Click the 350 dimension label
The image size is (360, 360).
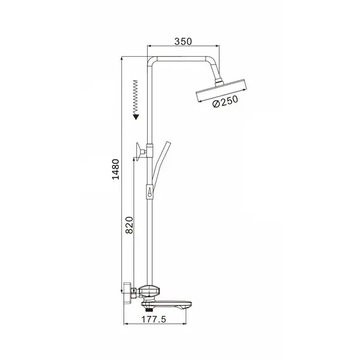[183, 41]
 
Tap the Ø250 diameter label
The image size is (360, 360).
[225, 101]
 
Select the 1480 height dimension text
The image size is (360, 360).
[116, 169]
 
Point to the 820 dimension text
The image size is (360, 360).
[129, 225]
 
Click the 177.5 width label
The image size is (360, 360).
[153, 320]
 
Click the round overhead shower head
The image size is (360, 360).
[222, 90]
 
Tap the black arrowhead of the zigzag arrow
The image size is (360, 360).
[136, 117]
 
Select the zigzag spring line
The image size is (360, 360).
[136, 97]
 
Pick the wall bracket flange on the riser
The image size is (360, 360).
[138, 152]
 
